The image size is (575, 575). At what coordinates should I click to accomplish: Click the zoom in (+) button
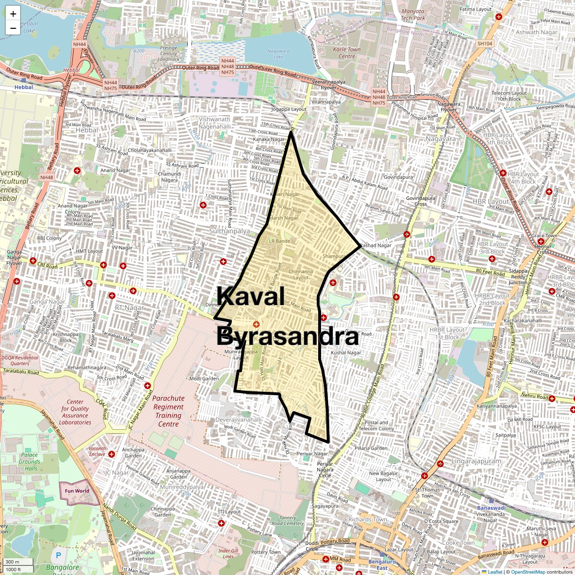point(13,13)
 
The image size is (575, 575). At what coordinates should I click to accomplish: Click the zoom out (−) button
point(13,28)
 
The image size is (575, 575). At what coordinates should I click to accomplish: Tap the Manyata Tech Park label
point(413,15)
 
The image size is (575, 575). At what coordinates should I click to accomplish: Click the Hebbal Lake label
point(29,26)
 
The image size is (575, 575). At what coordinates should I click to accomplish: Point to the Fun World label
point(77,491)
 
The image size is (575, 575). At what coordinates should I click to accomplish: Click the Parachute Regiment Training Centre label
point(168,411)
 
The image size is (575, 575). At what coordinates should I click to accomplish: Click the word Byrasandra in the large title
point(287,337)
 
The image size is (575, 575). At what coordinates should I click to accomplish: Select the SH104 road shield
point(484,44)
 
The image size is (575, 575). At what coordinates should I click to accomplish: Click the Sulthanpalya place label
point(230,231)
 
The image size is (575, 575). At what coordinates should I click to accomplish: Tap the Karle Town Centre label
point(347,53)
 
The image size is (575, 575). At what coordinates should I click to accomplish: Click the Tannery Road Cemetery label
point(287,520)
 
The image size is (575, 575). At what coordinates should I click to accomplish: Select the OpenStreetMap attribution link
point(529,572)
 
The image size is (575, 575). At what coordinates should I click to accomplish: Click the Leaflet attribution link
point(494,572)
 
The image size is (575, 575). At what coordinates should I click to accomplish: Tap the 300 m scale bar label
point(12,562)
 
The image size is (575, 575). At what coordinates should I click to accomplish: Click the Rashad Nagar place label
point(376,245)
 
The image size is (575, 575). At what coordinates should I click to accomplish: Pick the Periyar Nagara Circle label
point(325,470)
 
